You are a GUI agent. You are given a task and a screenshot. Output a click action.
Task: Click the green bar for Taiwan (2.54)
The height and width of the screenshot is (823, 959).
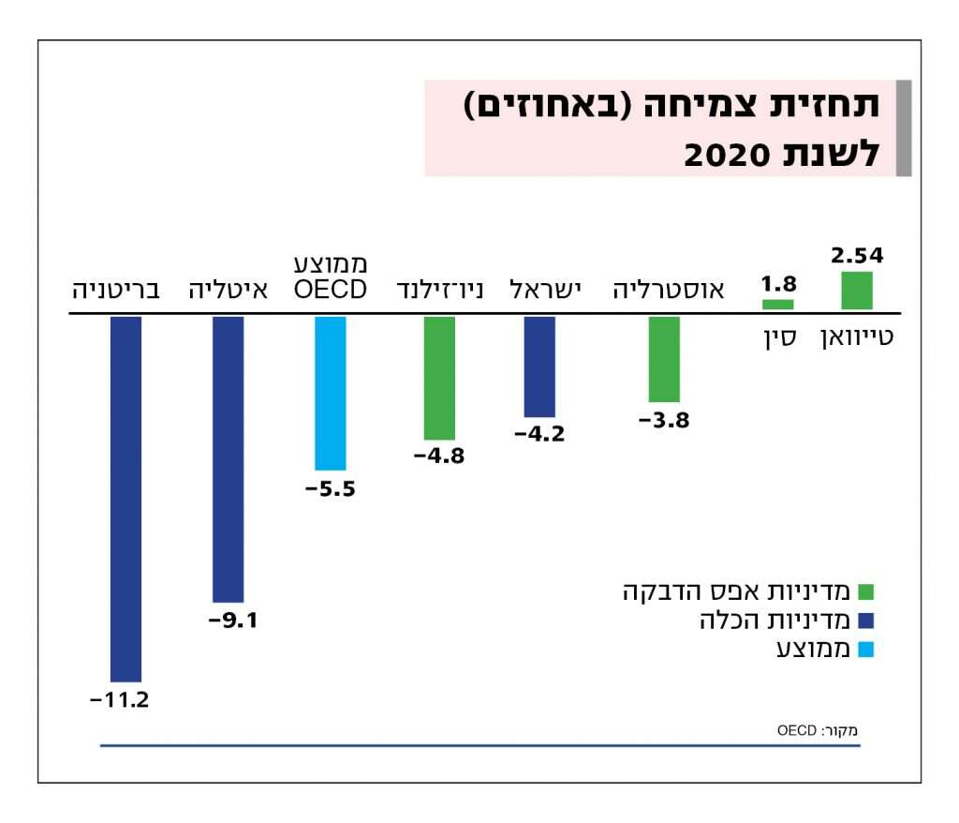(857, 291)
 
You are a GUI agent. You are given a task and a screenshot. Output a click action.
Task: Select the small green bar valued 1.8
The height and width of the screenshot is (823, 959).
(777, 305)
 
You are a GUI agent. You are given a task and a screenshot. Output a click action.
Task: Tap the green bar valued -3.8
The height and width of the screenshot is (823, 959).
(664, 359)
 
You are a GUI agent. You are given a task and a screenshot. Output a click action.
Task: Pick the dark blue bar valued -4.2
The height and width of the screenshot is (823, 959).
(539, 367)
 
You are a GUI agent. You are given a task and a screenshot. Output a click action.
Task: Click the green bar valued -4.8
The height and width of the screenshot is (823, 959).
(439, 378)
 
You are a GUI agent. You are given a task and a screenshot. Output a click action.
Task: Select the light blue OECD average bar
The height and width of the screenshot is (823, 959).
(330, 393)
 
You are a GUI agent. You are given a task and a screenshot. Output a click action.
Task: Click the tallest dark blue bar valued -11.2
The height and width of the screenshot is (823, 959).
(125, 499)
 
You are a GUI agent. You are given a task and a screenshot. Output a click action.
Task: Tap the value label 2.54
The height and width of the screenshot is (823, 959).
(857, 255)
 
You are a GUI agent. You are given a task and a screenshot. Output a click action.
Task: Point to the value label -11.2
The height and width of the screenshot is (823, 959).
(119, 699)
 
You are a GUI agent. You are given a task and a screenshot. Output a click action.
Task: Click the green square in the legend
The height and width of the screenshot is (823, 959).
(865, 591)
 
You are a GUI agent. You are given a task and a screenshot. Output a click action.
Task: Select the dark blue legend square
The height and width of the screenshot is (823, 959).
(865, 620)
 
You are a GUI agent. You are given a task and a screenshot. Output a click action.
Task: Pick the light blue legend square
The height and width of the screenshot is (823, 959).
(865, 649)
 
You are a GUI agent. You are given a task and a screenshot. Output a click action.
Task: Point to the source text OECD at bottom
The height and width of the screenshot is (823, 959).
(796, 728)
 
